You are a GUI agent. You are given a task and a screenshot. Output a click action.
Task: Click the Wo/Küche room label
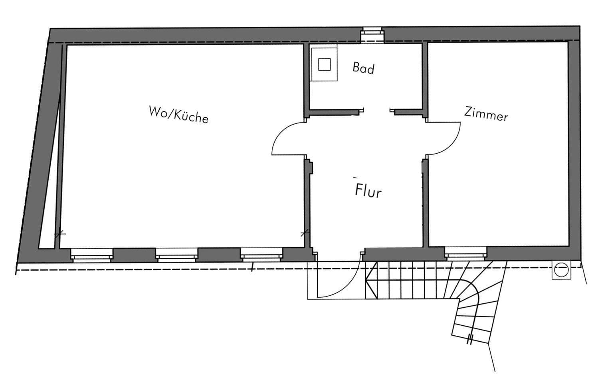pyautogui.click(x=178, y=114)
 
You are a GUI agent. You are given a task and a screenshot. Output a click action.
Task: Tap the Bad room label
pyautogui.click(x=363, y=68)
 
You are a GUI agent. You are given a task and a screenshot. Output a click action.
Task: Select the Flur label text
pyautogui.click(x=368, y=191)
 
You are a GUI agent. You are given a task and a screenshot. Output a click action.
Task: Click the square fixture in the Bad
pyautogui.click(x=324, y=64)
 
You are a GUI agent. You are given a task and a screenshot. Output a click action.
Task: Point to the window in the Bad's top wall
pyautogui.click(x=372, y=35)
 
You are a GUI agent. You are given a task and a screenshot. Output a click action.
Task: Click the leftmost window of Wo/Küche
pyautogui.click(x=92, y=254)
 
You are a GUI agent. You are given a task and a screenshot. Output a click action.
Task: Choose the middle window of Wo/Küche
pyautogui.click(x=176, y=254)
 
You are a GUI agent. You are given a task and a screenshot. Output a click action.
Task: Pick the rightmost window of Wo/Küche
pyautogui.click(x=261, y=254)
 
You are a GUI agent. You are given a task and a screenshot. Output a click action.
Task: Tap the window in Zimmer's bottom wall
pyautogui.click(x=466, y=253)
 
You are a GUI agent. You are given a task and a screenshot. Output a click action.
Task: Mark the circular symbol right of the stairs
pyautogui.click(x=561, y=270)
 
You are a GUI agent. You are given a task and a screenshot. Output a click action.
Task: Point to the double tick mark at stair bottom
pyautogui.click(x=470, y=339)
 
